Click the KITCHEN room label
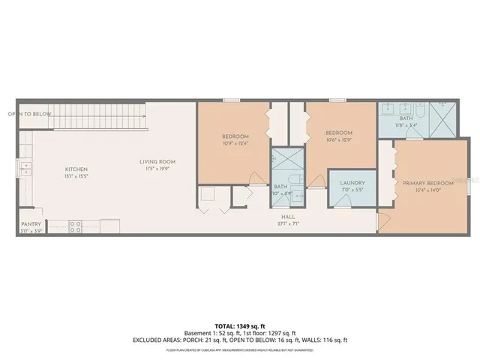pos(75,169)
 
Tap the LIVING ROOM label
pos(157,161)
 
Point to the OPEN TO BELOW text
pos(30,114)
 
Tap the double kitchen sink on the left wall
pos(26,167)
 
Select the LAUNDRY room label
pos(352,182)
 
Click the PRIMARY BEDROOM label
pos(427,183)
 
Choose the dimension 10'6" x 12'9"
pos(339,139)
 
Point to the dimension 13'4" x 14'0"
pos(427,190)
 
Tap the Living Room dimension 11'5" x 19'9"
pos(157,169)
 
